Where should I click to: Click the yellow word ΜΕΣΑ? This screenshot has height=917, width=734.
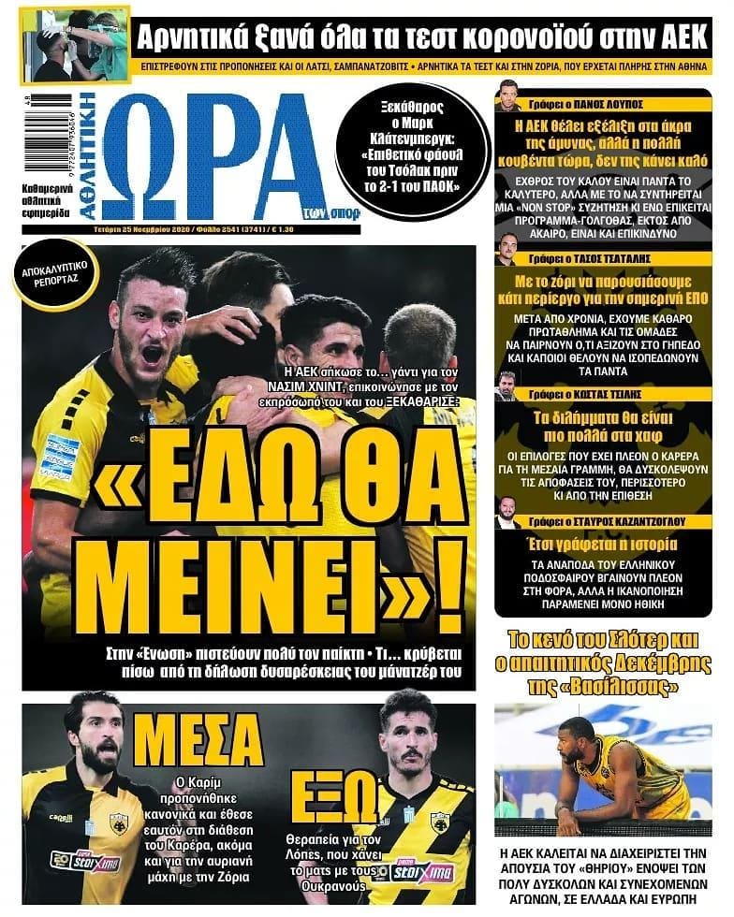coord(198,740)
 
